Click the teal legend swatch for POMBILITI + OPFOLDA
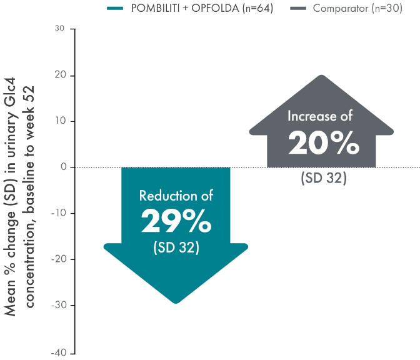[116, 9]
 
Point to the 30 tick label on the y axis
[60, 29]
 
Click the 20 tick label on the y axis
[60, 76]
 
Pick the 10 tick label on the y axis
[60, 121]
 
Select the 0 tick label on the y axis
[62, 167]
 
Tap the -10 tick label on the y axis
[58, 214]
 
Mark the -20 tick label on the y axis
[58, 259]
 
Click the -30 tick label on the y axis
[58, 306]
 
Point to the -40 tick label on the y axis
[58, 352]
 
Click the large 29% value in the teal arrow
[176, 221]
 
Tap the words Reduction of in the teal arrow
[176, 196]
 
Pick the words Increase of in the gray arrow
[320, 116]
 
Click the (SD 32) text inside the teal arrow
[176, 247]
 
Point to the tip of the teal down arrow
[176, 302]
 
